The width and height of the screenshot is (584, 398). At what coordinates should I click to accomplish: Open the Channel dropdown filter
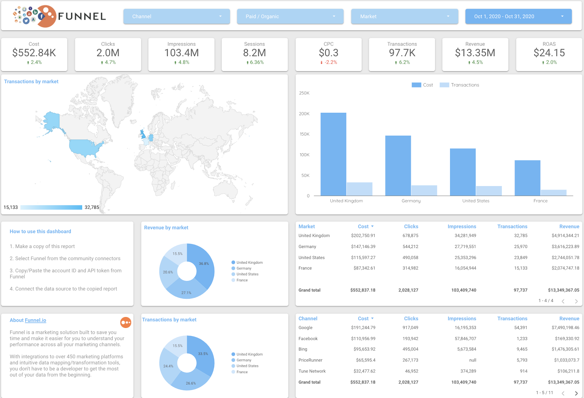coord(177,16)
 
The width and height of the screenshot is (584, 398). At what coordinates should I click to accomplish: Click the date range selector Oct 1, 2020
coord(518,16)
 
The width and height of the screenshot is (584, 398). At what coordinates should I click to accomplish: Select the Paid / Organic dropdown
coord(290,16)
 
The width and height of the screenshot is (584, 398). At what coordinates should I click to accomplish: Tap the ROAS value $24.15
coord(549,53)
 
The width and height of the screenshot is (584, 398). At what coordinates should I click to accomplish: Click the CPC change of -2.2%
coord(331,62)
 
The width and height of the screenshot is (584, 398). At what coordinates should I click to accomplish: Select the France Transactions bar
coord(553,193)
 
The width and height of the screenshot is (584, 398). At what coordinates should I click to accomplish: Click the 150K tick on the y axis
coord(304,134)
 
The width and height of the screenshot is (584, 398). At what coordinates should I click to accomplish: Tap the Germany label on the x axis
coord(411,201)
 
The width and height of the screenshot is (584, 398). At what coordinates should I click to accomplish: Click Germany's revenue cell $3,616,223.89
coord(565,247)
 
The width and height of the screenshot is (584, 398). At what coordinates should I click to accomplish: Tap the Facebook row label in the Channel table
coord(308,339)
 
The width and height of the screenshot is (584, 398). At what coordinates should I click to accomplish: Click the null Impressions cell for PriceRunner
coord(472,360)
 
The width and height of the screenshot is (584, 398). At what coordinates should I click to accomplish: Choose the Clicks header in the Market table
coord(411,227)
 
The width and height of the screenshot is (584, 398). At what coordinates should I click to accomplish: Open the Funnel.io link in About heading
coord(35,320)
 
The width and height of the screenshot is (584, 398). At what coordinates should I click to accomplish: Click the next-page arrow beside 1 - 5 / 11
coord(576,393)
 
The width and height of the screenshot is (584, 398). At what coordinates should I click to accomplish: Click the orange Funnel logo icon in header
coord(47,16)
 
